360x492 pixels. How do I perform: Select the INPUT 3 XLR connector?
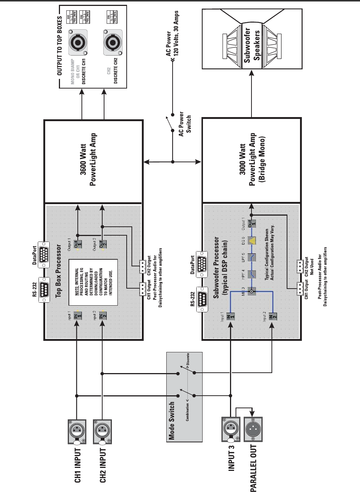(x=231, y=429)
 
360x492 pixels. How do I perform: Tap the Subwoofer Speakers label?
(x=252, y=44)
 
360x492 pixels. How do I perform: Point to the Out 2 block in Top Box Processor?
(x=103, y=245)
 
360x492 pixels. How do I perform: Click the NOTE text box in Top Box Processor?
(x=93, y=282)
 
